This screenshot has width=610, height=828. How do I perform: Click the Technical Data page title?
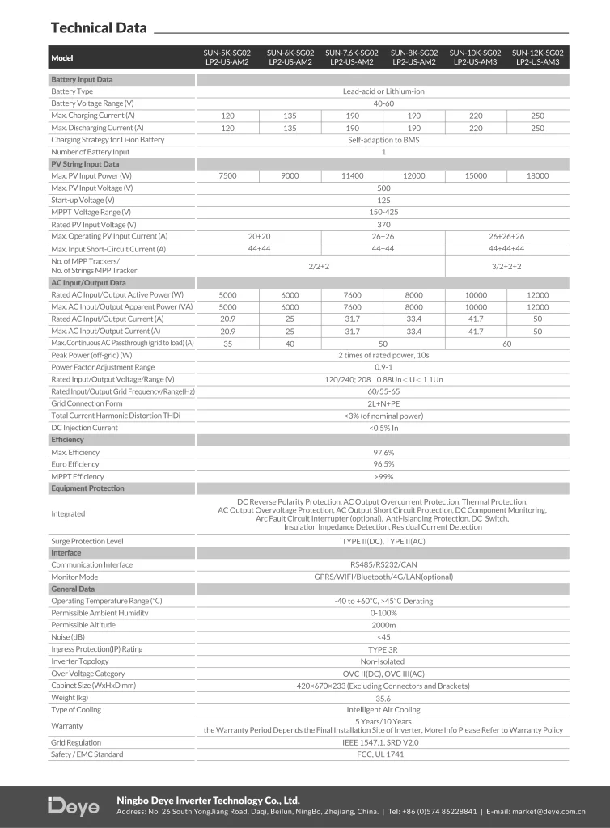(99, 28)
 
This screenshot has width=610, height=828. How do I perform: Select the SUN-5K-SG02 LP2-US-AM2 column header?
(228, 57)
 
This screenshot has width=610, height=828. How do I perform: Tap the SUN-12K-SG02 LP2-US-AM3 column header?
(537, 57)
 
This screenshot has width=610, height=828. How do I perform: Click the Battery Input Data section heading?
(82, 80)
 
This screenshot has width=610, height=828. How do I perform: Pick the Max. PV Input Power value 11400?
(352, 175)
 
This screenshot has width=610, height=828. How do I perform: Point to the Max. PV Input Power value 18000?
(537, 175)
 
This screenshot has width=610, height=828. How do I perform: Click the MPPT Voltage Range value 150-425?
(383, 212)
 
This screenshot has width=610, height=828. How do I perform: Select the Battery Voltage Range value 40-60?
(383, 103)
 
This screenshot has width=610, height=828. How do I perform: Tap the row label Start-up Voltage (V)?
(83, 200)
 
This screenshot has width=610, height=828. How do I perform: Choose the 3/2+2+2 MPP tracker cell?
(506, 265)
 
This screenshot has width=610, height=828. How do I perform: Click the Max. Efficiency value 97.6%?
(383, 452)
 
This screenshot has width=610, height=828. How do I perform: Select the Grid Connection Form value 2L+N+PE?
(383, 403)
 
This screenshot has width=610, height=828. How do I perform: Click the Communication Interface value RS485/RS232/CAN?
(383, 564)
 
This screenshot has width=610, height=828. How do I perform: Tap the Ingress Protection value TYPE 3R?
(383, 649)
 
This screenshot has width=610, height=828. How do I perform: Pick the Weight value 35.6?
(383, 698)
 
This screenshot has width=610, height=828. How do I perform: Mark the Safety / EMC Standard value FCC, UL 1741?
(383, 754)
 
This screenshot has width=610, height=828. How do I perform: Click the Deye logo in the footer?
(74, 806)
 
